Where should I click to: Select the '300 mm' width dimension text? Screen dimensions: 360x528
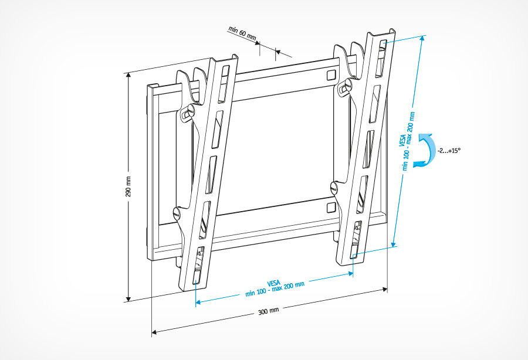point(269,311)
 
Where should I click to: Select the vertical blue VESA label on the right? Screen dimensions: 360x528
point(406,141)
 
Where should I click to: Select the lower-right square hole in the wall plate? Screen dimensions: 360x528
point(331,208)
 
